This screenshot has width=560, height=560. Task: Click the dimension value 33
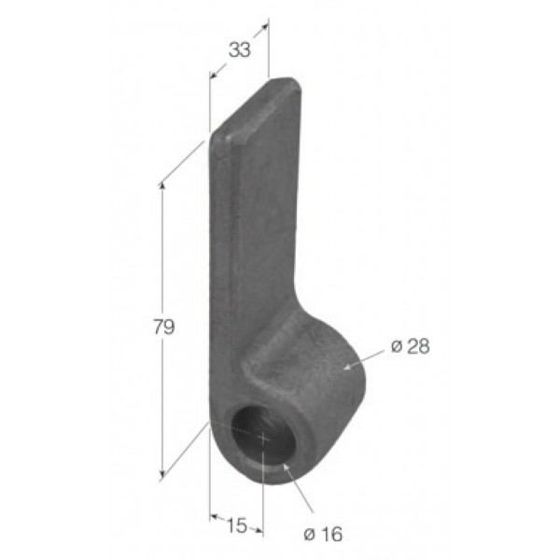pyautogui.click(x=240, y=49)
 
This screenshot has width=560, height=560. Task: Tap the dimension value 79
pyautogui.click(x=164, y=327)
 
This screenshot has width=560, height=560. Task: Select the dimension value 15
pyautogui.click(x=237, y=525)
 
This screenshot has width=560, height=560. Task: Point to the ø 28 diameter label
pyautogui.click(x=411, y=346)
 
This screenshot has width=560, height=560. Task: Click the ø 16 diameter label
pyautogui.click(x=323, y=534)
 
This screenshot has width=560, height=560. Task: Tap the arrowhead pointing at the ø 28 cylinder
pyautogui.click(x=347, y=367)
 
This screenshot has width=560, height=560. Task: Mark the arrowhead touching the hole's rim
pyautogui.click(x=287, y=468)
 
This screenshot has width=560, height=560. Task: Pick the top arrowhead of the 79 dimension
pyautogui.click(x=162, y=186)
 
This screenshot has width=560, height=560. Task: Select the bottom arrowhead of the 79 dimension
pyautogui.click(x=162, y=474)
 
